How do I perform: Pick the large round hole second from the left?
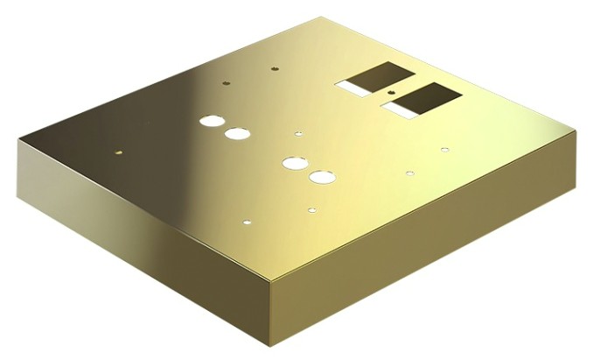[x=237, y=134]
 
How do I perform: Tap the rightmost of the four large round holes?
[x=320, y=177]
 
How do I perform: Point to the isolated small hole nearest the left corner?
[x=119, y=152]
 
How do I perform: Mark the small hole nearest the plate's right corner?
[x=444, y=150]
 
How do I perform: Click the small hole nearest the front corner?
[x=248, y=222]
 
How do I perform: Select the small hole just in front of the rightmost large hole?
[x=311, y=209]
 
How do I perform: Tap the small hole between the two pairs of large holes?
[x=298, y=134]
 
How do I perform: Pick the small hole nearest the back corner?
[x=275, y=67]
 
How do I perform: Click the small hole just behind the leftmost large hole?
[x=226, y=84]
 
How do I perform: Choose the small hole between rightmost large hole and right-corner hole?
[x=409, y=173]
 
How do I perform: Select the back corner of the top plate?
[x=324, y=17]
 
